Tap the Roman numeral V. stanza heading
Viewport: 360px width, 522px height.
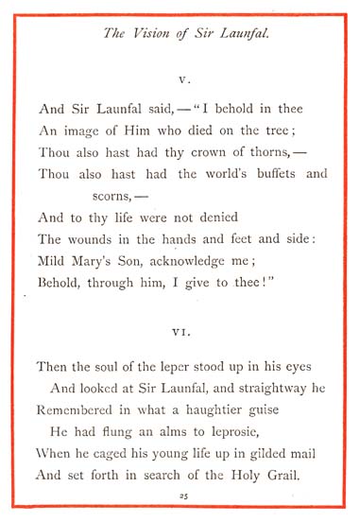pyautogui.click(x=180, y=81)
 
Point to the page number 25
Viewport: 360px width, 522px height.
pyautogui.click(x=180, y=496)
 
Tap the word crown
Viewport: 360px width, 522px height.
pyautogui.click(x=177, y=151)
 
